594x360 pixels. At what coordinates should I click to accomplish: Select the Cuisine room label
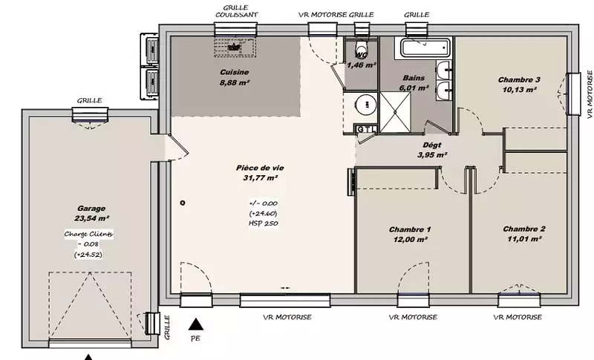pyautogui.click(x=235, y=72)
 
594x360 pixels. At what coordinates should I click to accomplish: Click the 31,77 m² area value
pyautogui.click(x=261, y=178)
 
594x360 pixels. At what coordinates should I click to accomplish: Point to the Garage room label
pyautogui.click(x=91, y=209)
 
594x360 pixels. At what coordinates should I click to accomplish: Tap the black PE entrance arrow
pyautogui.click(x=196, y=324)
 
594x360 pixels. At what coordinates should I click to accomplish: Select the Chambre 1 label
pyautogui.click(x=410, y=229)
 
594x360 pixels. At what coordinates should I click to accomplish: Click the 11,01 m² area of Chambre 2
pyautogui.click(x=524, y=239)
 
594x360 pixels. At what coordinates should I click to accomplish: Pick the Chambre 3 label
pyautogui.click(x=519, y=80)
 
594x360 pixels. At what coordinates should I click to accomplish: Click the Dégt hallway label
pyautogui.click(x=432, y=145)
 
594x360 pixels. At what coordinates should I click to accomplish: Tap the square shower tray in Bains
pyautogui.click(x=395, y=112)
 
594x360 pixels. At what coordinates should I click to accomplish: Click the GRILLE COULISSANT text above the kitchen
pyautogui.click(x=236, y=11)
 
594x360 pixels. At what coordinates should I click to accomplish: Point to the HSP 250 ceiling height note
pyautogui.click(x=264, y=223)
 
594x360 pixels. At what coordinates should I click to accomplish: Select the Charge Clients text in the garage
pyautogui.click(x=88, y=234)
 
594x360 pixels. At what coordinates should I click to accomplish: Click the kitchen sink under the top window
pyautogui.click(x=235, y=47)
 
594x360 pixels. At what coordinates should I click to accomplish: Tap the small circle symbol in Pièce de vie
pyautogui.click(x=183, y=203)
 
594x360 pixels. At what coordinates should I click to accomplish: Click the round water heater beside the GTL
pyautogui.click(x=366, y=105)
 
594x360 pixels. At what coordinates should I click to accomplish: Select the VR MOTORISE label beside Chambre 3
pyautogui.click(x=590, y=94)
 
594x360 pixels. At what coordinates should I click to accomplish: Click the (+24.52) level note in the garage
pyautogui.click(x=88, y=255)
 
